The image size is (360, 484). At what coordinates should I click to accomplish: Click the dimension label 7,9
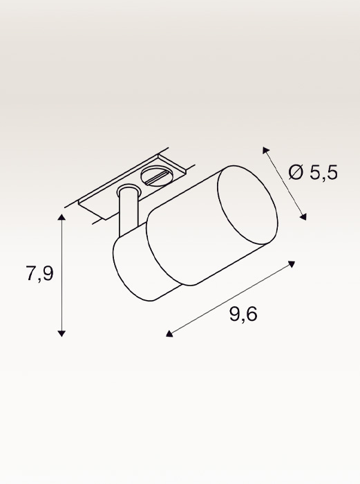39,274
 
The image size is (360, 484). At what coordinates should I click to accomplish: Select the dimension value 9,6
243,315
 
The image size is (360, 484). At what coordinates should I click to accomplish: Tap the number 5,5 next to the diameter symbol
323,173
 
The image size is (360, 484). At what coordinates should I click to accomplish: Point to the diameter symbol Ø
296,173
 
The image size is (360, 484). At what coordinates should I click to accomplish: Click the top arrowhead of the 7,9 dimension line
62,218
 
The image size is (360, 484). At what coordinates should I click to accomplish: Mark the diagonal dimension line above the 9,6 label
231,299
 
